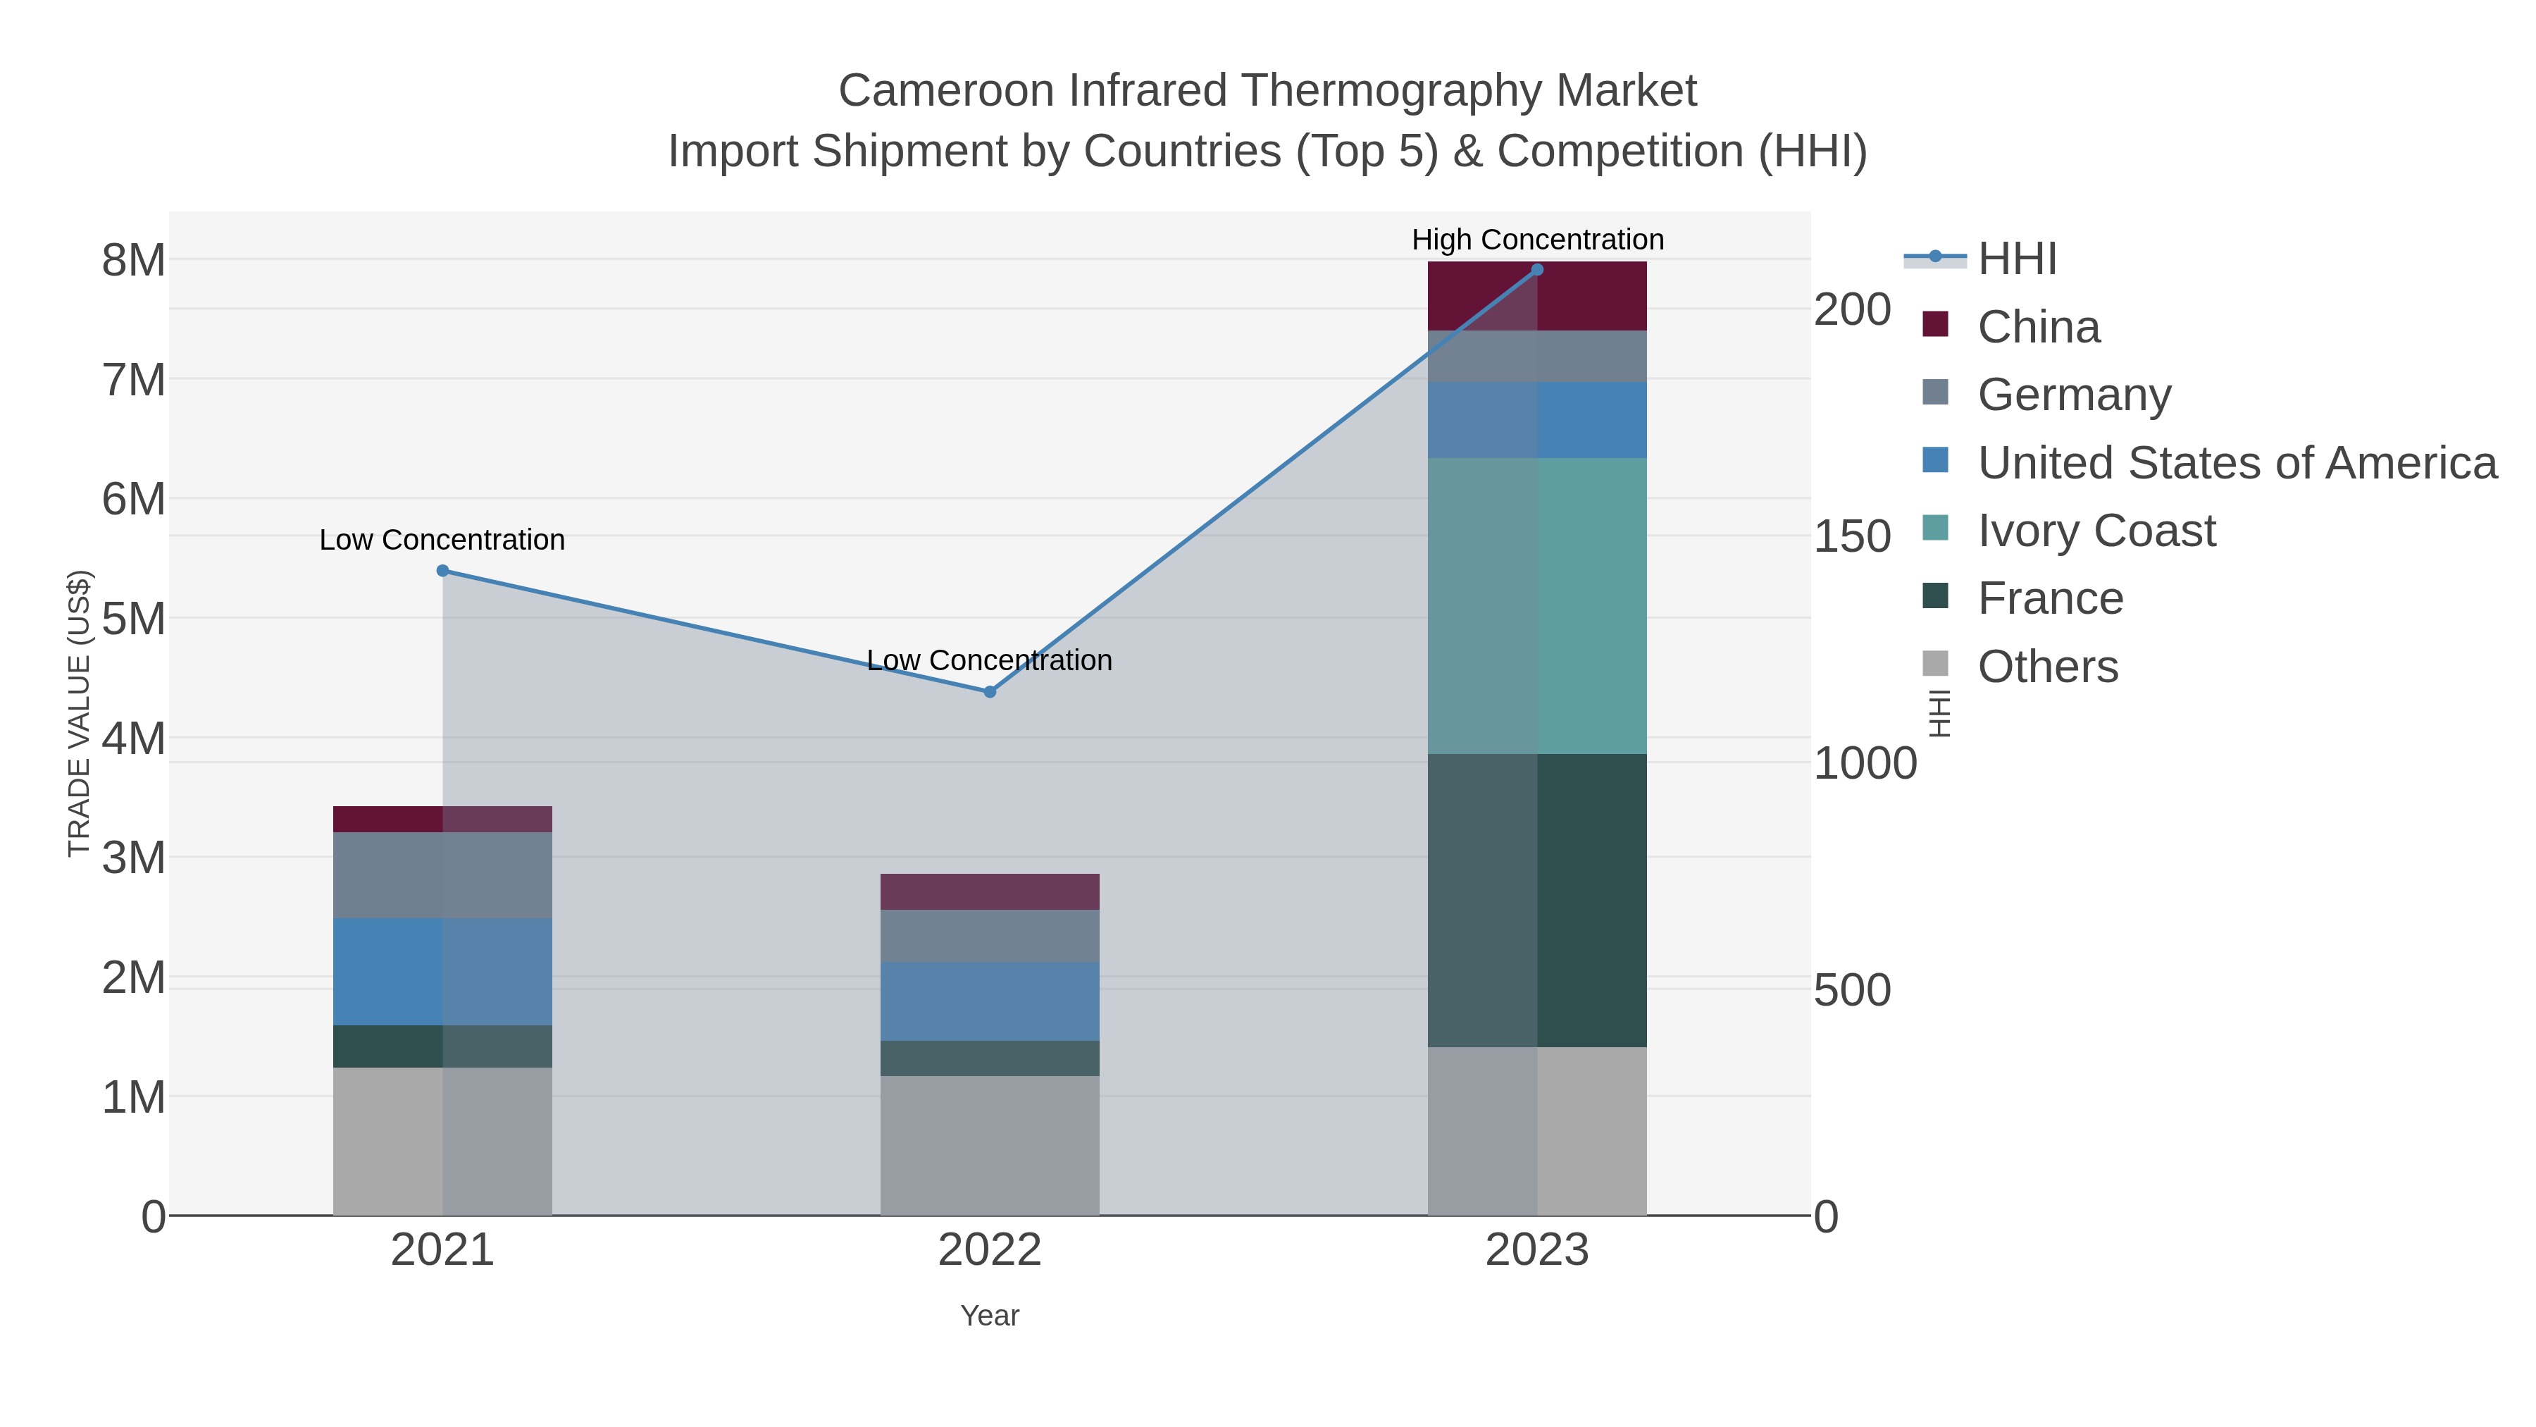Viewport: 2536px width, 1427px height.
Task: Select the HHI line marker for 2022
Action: coord(990,691)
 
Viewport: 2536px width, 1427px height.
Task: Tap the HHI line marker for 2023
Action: coord(1537,270)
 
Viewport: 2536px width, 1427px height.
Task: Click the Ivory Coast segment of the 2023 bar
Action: coord(1537,605)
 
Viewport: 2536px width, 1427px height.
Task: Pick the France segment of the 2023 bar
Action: coord(1537,899)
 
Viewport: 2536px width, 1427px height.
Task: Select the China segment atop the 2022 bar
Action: coord(990,891)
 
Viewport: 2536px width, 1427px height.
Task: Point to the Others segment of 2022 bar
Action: coord(990,1144)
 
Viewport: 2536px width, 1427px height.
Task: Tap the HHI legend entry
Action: coord(2016,259)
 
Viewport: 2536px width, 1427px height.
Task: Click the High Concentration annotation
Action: coord(1537,240)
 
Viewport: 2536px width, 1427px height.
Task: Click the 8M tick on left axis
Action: coord(134,260)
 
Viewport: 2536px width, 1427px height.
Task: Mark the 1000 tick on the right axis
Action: coord(1865,763)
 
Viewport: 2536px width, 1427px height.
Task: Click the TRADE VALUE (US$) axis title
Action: coord(79,713)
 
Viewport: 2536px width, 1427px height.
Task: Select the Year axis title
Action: coord(990,1315)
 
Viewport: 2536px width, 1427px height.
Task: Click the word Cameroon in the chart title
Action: coord(946,91)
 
